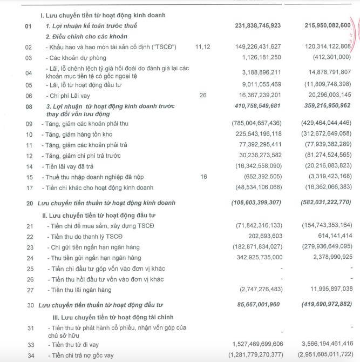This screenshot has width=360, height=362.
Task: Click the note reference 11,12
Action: [x=203, y=47]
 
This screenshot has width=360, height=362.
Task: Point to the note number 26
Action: [x=203, y=95]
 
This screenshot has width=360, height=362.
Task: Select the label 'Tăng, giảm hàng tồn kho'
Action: [x=84, y=134]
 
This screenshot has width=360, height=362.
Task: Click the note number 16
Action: [x=203, y=177]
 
